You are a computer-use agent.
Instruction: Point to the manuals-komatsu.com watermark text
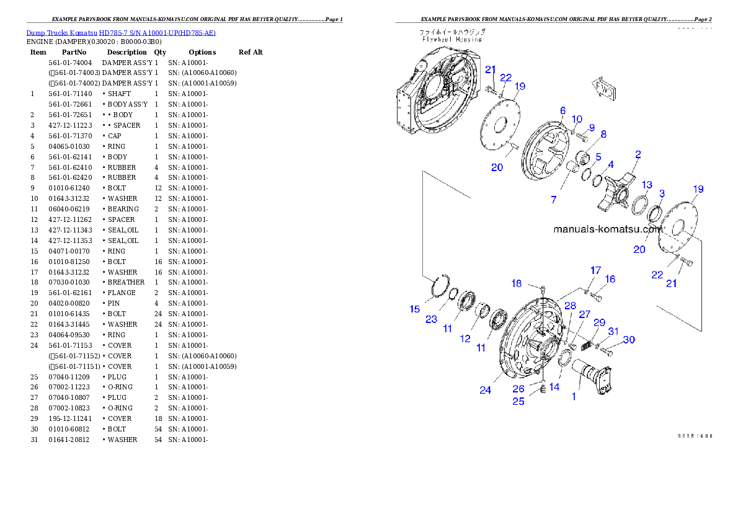pos(608,229)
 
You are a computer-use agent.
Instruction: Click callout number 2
pos(638,154)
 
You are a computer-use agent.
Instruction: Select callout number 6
pos(562,110)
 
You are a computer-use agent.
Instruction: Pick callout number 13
pos(646,185)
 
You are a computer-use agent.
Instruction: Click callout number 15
pos(414,309)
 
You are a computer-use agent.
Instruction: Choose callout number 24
pos(485,390)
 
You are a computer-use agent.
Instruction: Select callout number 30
pos(629,340)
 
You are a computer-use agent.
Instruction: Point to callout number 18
pos(516,283)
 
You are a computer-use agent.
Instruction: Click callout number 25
pos(518,401)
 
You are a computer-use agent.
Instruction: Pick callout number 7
pos(553,200)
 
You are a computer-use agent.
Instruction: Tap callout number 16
pos(610,279)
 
